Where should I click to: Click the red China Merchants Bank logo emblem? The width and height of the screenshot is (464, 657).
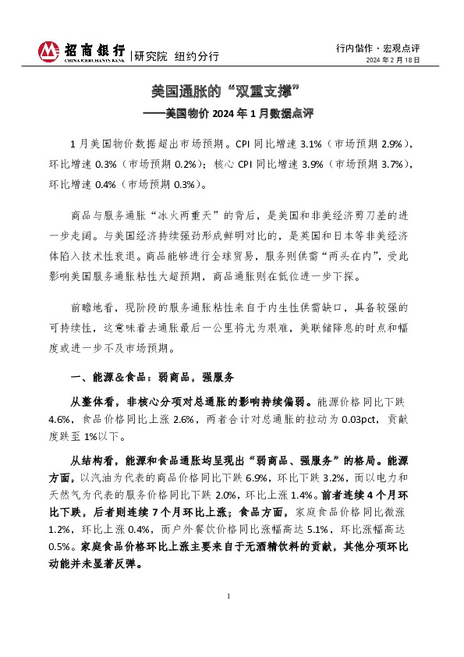(x=48, y=51)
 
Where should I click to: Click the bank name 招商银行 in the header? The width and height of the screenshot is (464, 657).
(x=93, y=48)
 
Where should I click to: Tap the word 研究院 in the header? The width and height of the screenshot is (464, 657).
(x=150, y=56)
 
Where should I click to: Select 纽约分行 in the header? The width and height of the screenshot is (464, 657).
(x=196, y=56)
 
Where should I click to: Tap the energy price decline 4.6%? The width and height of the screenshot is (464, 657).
(x=60, y=418)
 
